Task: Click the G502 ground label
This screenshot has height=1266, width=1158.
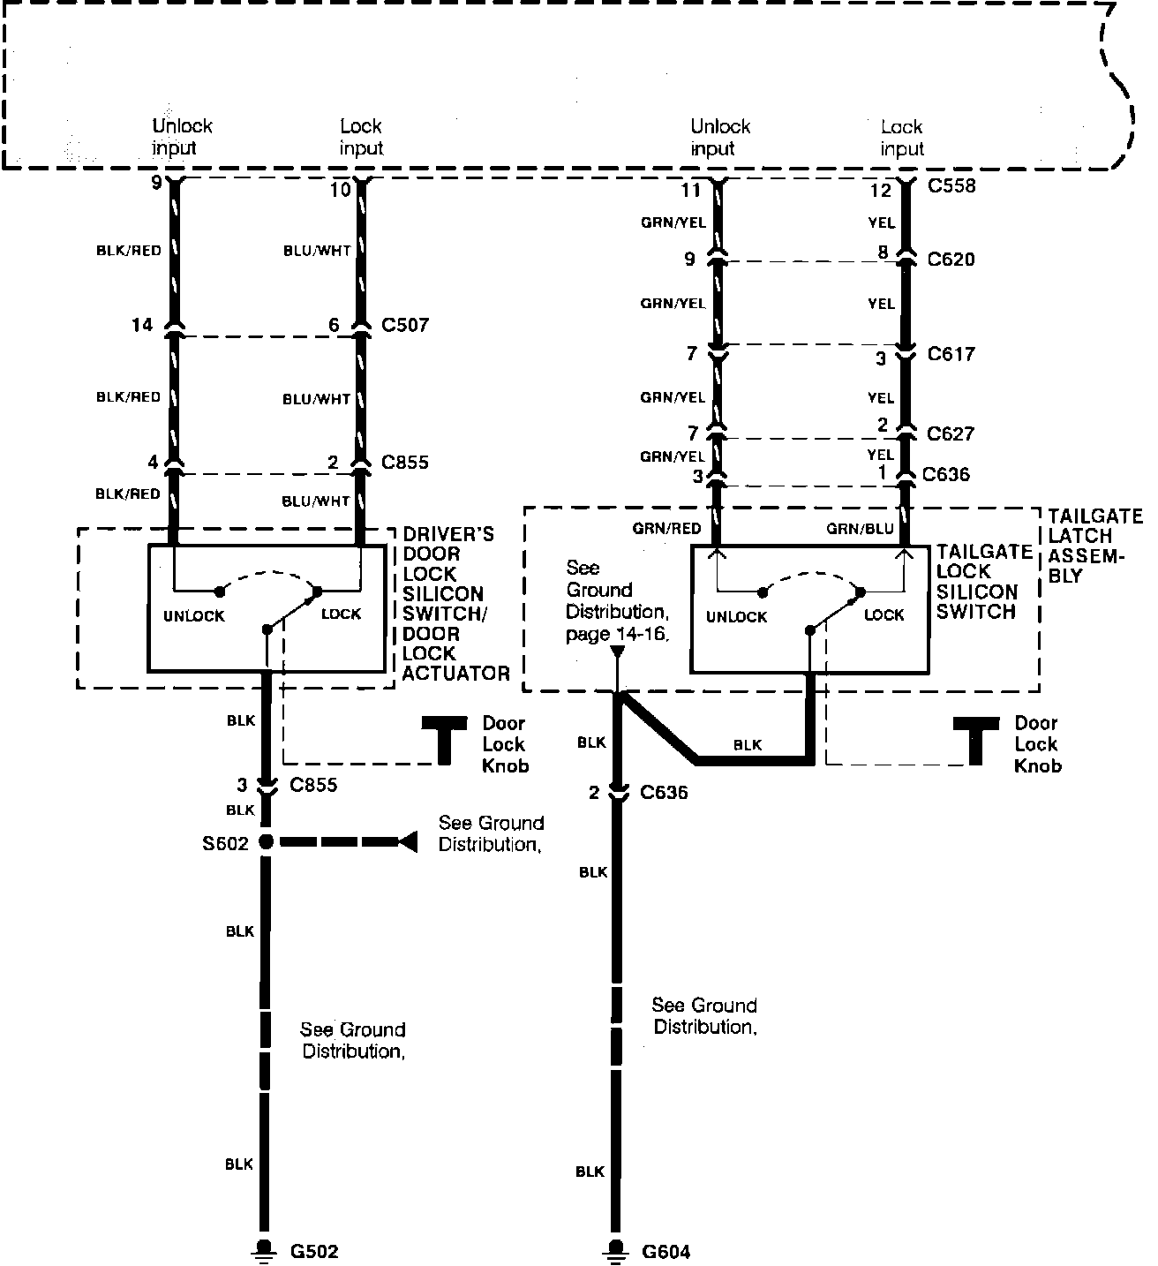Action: click(314, 1251)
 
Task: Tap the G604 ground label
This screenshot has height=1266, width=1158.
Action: click(666, 1251)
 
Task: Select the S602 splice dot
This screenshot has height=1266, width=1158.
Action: click(265, 842)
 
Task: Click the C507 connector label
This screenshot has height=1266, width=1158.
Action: click(405, 325)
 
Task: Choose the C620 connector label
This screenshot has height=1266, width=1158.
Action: click(951, 260)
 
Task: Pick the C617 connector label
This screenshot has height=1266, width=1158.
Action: click(951, 354)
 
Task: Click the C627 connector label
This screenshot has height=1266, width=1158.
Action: click(951, 433)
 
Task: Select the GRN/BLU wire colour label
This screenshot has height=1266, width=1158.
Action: click(861, 529)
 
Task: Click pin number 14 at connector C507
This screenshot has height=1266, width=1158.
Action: click(142, 325)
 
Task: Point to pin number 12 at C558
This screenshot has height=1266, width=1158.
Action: click(881, 190)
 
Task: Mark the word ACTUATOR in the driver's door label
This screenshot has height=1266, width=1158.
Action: click(456, 674)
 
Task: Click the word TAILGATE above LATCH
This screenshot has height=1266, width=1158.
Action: click(1095, 516)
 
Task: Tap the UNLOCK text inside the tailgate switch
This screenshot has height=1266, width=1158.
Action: click(736, 616)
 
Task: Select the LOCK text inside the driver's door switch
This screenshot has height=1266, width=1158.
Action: click(342, 614)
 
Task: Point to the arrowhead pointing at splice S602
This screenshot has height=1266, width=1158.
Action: click(407, 842)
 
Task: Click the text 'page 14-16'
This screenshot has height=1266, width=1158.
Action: click(616, 633)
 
